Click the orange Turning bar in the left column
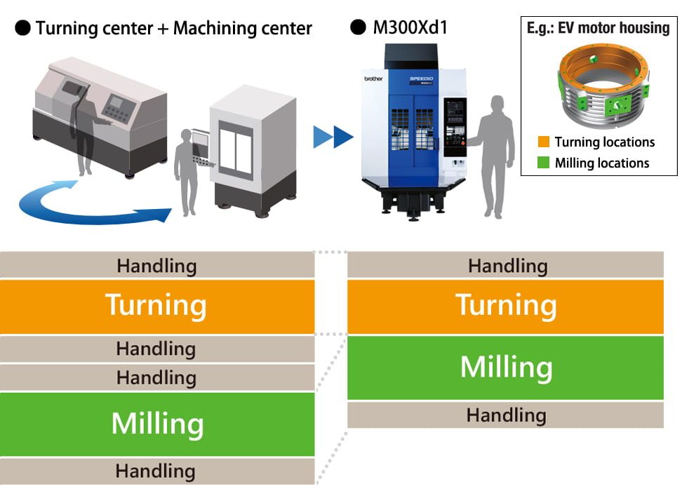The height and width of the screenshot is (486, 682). pos(156,306)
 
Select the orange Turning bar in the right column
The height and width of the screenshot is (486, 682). pos(505,306)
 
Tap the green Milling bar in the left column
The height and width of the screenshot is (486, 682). pos(156,424)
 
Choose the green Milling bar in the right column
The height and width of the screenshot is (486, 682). pos(505,367)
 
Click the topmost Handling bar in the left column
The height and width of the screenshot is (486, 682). pos(156,266)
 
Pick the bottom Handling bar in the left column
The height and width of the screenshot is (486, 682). pos(156,471)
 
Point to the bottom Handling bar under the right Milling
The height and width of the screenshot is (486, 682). pos(505,415)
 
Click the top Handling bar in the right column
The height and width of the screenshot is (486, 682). pos(505,266)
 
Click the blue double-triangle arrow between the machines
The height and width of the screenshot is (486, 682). pos(333,137)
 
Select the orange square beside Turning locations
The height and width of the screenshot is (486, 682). pos(543,142)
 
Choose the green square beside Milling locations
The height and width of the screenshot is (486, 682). pos(543,163)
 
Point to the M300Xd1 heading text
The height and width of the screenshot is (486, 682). pos(410,28)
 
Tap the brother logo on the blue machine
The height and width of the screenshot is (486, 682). pos(373,79)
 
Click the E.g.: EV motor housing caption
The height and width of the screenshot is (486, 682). pos(598,28)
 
